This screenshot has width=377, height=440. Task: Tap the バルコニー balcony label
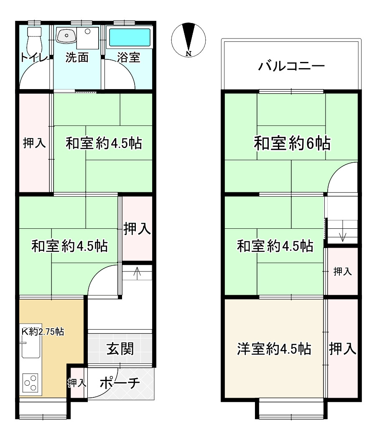click(x=291, y=66)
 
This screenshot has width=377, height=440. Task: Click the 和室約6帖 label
click(x=292, y=144)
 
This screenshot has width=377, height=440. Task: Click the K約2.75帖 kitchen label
click(x=43, y=332)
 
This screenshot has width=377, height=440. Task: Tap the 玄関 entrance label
click(x=120, y=348)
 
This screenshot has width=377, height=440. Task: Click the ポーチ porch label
click(x=120, y=383)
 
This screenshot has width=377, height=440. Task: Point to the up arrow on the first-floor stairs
click(x=137, y=273)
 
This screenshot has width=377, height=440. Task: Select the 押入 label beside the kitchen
click(x=77, y=382)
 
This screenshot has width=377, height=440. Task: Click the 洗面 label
click(x=77, y=58)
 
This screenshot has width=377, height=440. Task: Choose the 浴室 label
click(x=128, y=58)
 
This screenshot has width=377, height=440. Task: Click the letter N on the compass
click(x=189, y=53)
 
